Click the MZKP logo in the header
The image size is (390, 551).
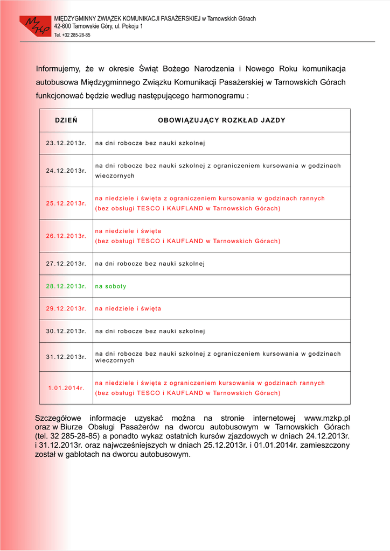click(35, 25)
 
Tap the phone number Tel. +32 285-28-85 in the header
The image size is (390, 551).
click(72, 35)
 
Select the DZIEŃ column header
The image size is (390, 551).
click(66, 120)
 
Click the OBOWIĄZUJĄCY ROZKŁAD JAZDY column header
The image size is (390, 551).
click(221, 120)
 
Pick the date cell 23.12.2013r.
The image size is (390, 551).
click(66, 143)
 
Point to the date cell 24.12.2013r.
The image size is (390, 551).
click(66, 171)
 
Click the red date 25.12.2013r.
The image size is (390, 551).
click(66, 203)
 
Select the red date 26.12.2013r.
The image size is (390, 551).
click(66, 236)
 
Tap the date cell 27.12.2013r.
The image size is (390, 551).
click(66, 264)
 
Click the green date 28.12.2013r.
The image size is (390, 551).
click(66, 286)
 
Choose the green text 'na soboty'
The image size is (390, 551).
click(111, 286)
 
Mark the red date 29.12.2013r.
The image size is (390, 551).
click(66, 309)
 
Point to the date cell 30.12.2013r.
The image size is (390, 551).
click(66, 331)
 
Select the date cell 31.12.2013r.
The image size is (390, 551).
click(66, 357)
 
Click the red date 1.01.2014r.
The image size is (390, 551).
click(66, 388)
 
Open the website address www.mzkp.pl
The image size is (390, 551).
click(327, 418)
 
